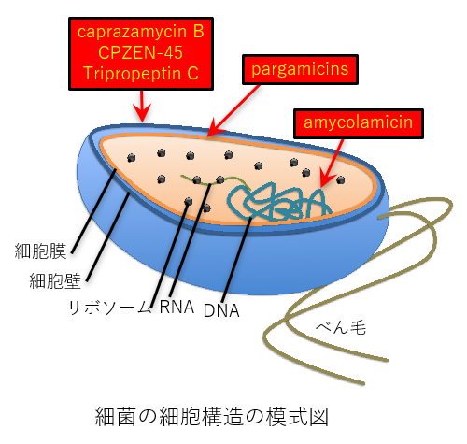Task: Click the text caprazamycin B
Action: pyautogui.click(x=141, y=33)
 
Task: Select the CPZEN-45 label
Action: pyautogui.click(x=141, y=52)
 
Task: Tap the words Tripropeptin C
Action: pyautogui.click(x=141, y=74)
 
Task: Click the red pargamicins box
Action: pyautogui.click(x=300, y=69)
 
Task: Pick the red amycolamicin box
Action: pyautogui.click(x=359, y=123)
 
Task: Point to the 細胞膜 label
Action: pyautogui.click(x=40, y=251)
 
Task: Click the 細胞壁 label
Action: pyautogui.click(x=55, y=281)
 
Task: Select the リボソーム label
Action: pyautogui.click(x=110, y=308)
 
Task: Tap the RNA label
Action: pyautogui.click(x=177, y=307)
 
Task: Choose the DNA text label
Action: pyautogui.click(x=221, y=310)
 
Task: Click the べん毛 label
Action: pyautogui.click(x=341, y=327)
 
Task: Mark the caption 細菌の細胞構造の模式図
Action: pyautogui.click(x=212, y=416)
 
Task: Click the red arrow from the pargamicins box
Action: pyautogui.click(x=233, y=111)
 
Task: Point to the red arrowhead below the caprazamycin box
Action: pyautogui.click(x=142, y=113)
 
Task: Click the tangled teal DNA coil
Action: pyautogui.click(x=278, y=202)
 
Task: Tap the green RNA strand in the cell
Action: pyautogui.click(x=216, y=180)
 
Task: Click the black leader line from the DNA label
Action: pyautogui.click(x=237, y=260)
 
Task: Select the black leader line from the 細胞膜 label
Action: pyautogui.click(x=93, y=211)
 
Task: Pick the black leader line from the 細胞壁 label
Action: pyautogui.click(x=107, y=237)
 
